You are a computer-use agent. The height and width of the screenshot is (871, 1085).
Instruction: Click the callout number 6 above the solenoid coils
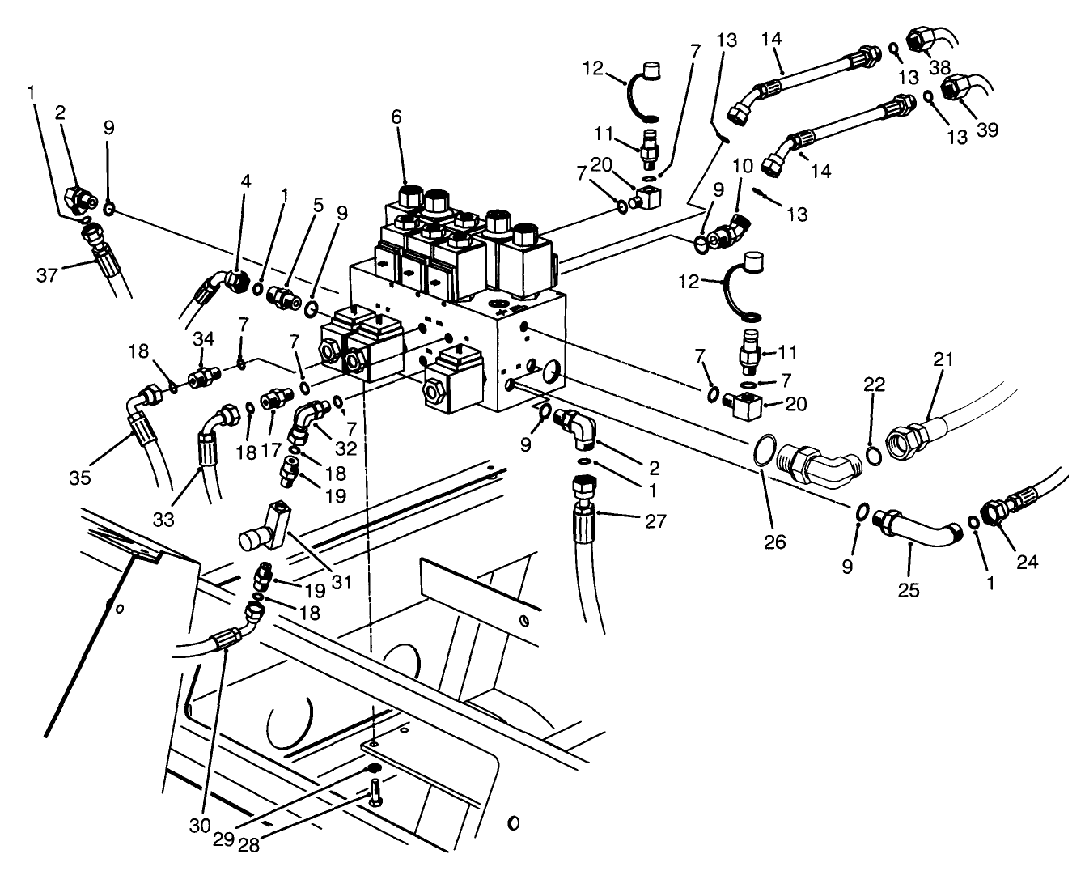click(x=396, y=117)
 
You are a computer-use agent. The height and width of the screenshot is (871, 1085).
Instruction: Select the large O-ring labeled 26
click(x=767, y=452)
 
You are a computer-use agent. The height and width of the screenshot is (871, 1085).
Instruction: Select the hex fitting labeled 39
click(x=959, y=89)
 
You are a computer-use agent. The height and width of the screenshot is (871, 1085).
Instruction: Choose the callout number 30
click(x=200, y=825)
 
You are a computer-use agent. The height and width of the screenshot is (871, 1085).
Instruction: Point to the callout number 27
click(x=656, y=521)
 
